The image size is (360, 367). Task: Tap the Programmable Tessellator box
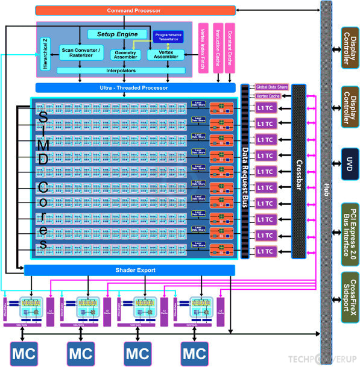pyautogui.click(x=168, y=37)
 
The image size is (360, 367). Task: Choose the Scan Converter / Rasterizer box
pyautogui.click(x=80, y=52)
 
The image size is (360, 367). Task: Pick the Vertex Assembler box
pyautogui.click(x=165, y=54)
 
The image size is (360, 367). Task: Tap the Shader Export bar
pyautogui.click(x=129, y=271)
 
